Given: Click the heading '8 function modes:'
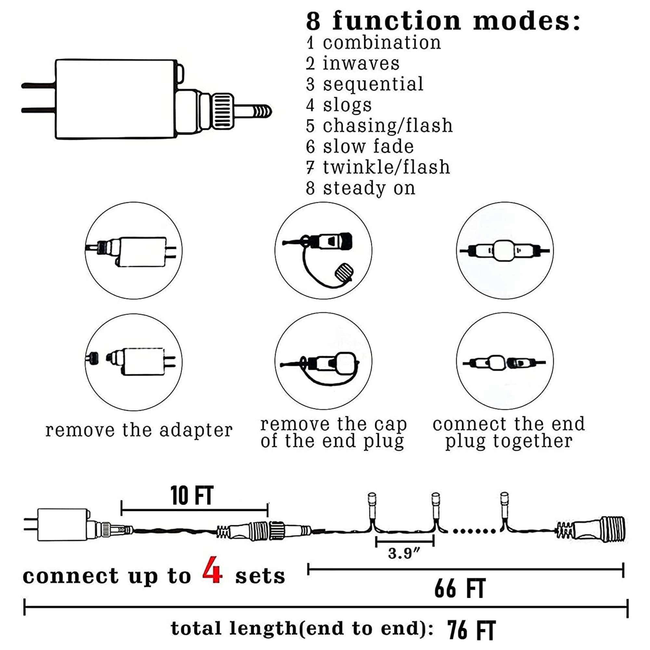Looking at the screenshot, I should pos(443,21).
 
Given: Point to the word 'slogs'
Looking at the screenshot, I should pos(347,105).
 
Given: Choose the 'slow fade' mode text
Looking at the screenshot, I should pos(368,147).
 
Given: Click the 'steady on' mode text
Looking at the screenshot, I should pos(369,188).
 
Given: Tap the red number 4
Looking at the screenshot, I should pos(212,570).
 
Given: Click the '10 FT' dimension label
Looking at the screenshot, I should pos(192,496).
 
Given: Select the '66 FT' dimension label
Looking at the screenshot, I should pos(460,589).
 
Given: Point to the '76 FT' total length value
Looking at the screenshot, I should pos(471,630).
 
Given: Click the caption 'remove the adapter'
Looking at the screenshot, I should pos(139,430).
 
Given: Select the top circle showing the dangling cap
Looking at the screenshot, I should pos(323,251).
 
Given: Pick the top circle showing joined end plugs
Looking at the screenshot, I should pos(505,251).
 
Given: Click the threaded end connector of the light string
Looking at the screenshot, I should pos(602,529).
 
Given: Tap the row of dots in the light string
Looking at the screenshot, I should pos(474,531).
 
